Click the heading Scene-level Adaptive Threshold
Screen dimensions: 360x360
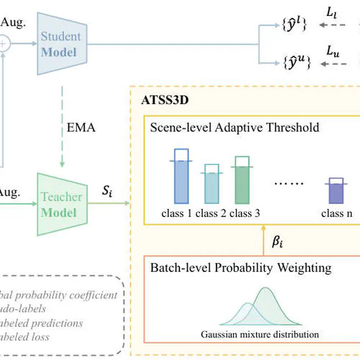click(x=235, y=128)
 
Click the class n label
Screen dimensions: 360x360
click(x=337, y=214)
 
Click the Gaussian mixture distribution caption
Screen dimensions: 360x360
click(x=260, y=334)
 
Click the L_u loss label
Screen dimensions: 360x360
click(x=333, y=51)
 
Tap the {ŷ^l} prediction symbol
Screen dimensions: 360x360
click(x=293, y=25)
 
